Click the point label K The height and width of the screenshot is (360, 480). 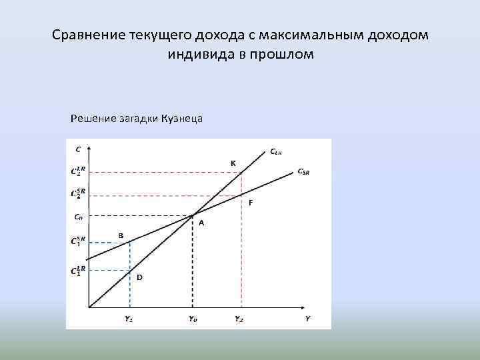pos(233,163)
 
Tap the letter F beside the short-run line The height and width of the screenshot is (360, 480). pos(250,203)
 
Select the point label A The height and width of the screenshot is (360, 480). pos(201,223)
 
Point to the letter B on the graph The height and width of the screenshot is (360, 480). pos(121,235)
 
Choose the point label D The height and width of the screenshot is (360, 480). pos(139,277)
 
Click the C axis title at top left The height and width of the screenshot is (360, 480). pos(79,149)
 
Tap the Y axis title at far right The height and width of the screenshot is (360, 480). pos(307,319)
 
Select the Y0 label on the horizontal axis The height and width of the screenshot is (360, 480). pos(193,319)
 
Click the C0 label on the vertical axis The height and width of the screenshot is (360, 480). pos(78,216)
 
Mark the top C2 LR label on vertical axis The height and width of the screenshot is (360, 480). pos(78,171)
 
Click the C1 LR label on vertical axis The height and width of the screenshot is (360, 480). pos(78,271)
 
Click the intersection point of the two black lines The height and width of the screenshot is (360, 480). pos(193,215)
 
